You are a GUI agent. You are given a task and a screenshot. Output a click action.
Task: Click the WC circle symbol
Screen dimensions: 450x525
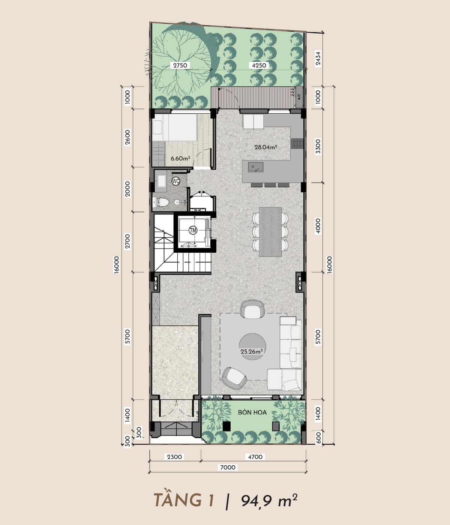(176, 181)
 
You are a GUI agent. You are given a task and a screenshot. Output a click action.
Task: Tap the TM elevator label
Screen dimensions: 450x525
(193, 230)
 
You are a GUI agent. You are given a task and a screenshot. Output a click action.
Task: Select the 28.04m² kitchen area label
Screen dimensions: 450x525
(265, 147)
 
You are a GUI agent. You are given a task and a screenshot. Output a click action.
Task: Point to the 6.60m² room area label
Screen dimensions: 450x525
(180, 159)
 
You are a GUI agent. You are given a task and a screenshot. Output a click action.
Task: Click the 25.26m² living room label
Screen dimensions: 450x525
(252, 351)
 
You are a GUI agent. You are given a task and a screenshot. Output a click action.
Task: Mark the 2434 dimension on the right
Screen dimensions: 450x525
(318, 58)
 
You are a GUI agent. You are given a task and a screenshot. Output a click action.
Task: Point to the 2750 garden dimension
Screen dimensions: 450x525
(180, 66)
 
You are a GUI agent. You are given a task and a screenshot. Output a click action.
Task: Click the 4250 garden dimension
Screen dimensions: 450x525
(259, 66)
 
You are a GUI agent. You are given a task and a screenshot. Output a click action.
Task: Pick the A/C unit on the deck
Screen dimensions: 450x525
(299, 97)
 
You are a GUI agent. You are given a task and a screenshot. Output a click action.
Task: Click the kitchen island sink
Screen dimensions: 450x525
(256, 167)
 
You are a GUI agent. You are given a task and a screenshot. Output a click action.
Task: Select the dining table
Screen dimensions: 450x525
(270, 232)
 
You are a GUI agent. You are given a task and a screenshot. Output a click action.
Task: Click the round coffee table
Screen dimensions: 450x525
(252, 346)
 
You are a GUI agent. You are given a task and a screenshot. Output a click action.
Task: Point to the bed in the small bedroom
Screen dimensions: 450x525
(174, 127)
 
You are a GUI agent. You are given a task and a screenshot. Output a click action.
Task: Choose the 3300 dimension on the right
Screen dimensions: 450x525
(318, 147)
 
